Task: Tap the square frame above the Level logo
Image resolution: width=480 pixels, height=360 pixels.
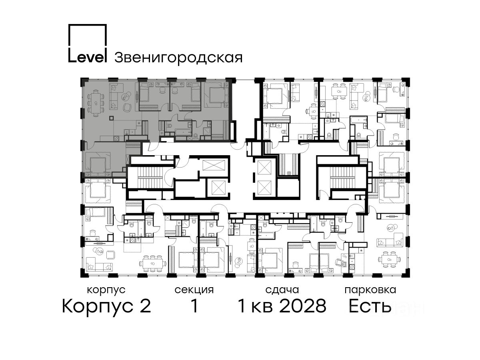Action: (x=88, y=24)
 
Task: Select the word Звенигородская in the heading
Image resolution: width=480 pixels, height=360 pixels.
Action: (x=178, y=58)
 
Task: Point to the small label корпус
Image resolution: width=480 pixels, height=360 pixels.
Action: (x=106, y=290)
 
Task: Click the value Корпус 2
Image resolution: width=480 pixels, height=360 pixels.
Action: (x=106, y=306)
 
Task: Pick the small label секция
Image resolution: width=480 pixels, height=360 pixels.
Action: (x=194, y=290)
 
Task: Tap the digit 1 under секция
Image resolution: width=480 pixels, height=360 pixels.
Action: (x=194, y=306)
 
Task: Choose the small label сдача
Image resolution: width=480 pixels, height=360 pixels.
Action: (x=282, y=290)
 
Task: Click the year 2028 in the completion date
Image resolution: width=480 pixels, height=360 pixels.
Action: (x=303, y=306)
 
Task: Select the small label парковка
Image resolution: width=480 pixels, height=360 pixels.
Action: (x=370, y=290)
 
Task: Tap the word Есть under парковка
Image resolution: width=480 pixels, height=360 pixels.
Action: (x=370, y=306)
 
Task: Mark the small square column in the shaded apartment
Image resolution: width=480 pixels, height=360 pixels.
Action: (x=112, y=118)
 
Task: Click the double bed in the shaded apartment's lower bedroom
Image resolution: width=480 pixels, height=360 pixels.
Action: (x=98, y=164)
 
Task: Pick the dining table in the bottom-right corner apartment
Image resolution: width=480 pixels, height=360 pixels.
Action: (x=389, y=259)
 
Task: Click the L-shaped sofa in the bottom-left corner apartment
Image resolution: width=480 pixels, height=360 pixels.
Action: (x=100, y=264)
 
